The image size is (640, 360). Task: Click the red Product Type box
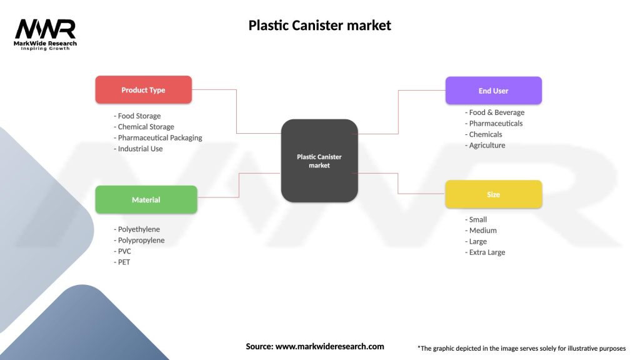click(x=143, y=90)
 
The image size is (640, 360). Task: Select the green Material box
click(x=146, y=200)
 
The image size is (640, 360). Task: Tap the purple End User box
click(x=493, y=91)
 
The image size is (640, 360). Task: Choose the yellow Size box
click(x=493, y=194)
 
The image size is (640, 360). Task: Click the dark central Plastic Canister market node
click(x=319, y=161)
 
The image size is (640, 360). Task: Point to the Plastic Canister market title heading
click(x=319, y=26)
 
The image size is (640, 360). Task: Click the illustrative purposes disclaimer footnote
click(x=521, y=348)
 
